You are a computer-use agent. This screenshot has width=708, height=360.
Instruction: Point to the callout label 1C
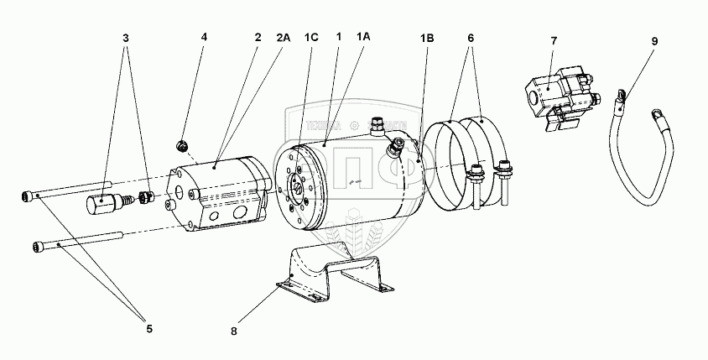click(x=312, y=38)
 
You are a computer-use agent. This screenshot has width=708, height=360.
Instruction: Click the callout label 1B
click(x=427, y=38)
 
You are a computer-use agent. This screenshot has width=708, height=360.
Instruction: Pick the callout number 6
click(x=471, y=38)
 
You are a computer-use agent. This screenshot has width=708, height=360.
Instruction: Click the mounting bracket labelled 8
click(x=336, y=269)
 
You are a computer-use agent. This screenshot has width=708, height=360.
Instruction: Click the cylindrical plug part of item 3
click(x=102, y=204)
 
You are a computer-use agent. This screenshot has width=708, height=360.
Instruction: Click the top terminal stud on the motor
click(x=377, y=128)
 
